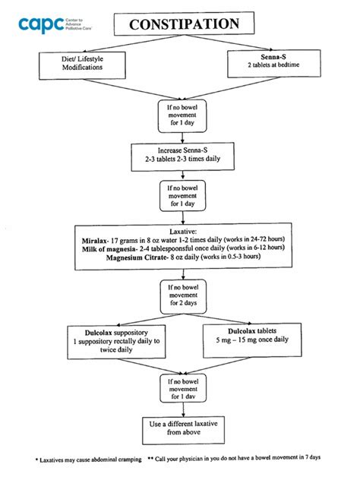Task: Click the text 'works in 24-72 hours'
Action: pyautogui.click(x=250, y=238)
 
